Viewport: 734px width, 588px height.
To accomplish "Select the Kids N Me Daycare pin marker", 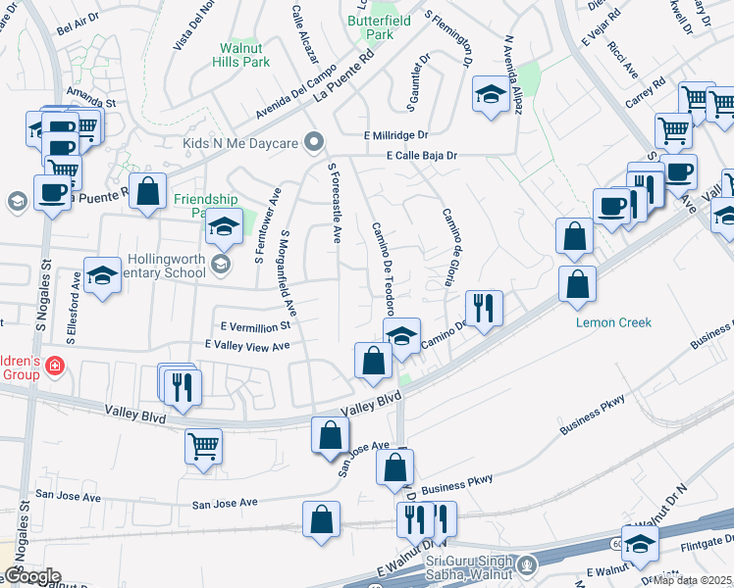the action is click(315, 143).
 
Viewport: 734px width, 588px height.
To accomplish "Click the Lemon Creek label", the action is click(613, 322).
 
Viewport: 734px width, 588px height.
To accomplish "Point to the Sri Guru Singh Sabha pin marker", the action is click(528, 564).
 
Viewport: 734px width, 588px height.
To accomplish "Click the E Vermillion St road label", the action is click(256, 325).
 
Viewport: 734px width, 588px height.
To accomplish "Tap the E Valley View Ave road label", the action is click(247, 346).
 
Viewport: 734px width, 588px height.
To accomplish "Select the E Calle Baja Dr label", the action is click(422, 155).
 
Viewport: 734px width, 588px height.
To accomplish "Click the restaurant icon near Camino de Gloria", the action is click(483, 307).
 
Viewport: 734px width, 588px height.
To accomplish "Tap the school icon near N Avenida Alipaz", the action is click(489, 94).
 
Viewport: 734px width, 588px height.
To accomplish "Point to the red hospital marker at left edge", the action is click(55, 367).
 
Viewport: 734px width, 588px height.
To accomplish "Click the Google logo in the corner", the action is click(31, 576).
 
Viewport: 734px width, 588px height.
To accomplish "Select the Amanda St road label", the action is click(92, 101).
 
